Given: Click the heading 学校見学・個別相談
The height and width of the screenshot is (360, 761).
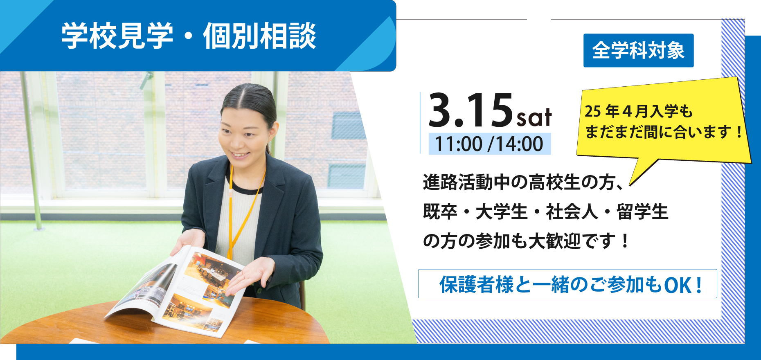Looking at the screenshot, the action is pos(189,36).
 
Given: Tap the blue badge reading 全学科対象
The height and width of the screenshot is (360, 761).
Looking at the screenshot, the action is pos(638,50).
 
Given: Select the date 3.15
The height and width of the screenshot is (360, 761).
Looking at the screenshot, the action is pos(471,110).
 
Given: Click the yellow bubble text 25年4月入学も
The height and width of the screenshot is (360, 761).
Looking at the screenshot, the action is pos(638,111).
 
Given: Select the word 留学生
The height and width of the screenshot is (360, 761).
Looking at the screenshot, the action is pos(642,212).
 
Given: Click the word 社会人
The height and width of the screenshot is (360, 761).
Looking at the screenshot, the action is pos(572,212).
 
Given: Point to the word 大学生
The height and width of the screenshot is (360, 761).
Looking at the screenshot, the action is pos(502,212).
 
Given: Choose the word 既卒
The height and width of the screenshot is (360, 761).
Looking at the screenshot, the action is pos(440,212).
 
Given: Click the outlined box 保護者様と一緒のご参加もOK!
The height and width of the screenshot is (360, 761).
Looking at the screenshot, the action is pos(567,283).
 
